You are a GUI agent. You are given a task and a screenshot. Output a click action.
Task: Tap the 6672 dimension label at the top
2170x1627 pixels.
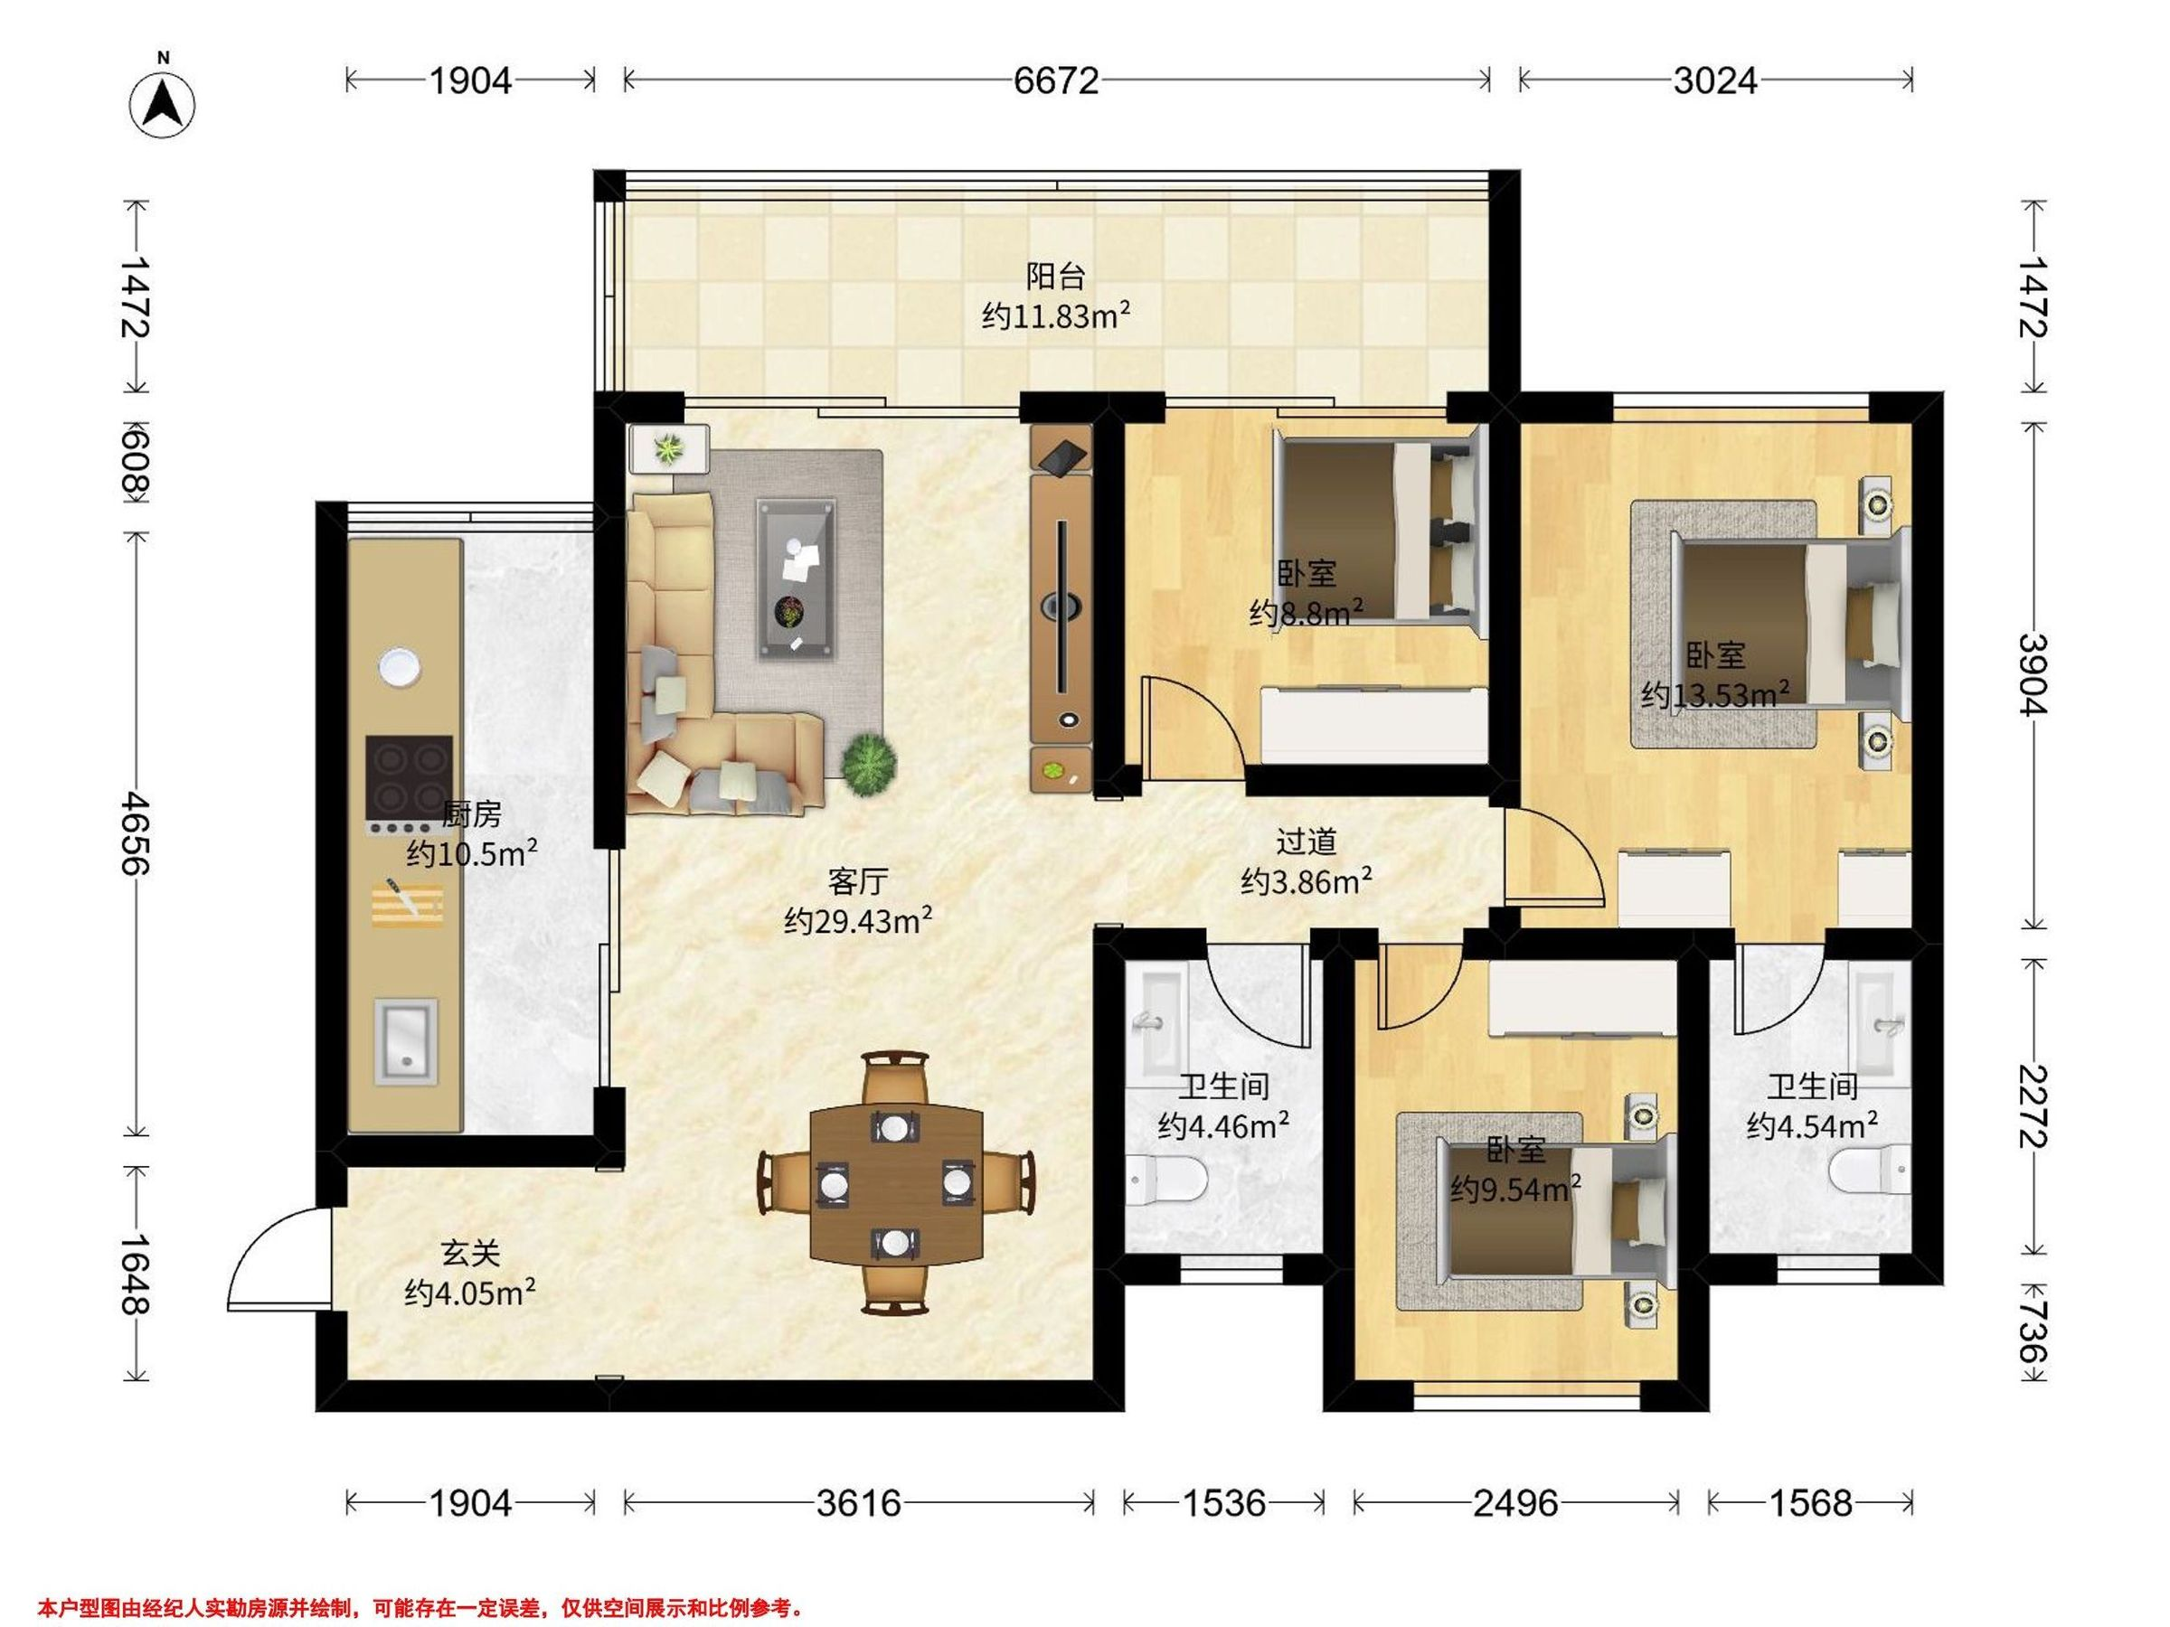pyautogui.click(x=1057, y=80)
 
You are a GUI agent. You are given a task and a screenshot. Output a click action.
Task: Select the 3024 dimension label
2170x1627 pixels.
pyautogui.click(x=1715, y=80)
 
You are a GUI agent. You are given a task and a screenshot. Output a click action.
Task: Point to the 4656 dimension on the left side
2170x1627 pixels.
pyautogui.click(x=135, y=833)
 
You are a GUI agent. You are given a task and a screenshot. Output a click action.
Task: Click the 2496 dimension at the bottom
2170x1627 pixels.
pyautogui.click(x=1514, y=1503)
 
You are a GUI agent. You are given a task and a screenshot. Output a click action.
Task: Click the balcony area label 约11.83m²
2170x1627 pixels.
pyautogui.click(x=1057, y=315)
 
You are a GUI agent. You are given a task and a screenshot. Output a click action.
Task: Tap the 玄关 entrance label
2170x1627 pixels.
pyautogui.click(x=471, y=1253)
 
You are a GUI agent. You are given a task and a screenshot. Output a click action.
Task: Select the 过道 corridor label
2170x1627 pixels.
pyautogui.click(x=1306, y=841)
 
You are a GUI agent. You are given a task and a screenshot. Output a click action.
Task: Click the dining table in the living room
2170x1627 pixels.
pyautogui.click(x=897, y=1184)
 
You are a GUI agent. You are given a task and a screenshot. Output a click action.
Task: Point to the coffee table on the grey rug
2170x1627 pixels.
pyautogui.click(x=796, y=578)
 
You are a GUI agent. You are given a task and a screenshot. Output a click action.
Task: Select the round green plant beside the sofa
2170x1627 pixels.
pyautogui.click(x=868, y=763)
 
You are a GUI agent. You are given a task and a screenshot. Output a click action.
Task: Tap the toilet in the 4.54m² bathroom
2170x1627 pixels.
pyautogui.click(x=1871, y=1169)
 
